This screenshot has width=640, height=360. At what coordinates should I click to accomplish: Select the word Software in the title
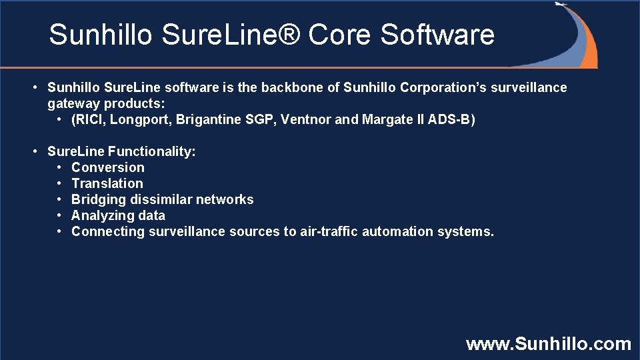tap(437, 35)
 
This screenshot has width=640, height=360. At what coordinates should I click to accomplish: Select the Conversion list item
tap(107, 167)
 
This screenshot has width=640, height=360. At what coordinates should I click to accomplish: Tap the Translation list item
tap(107, 183)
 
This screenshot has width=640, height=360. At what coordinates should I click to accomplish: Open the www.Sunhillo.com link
tap(548, 344)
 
